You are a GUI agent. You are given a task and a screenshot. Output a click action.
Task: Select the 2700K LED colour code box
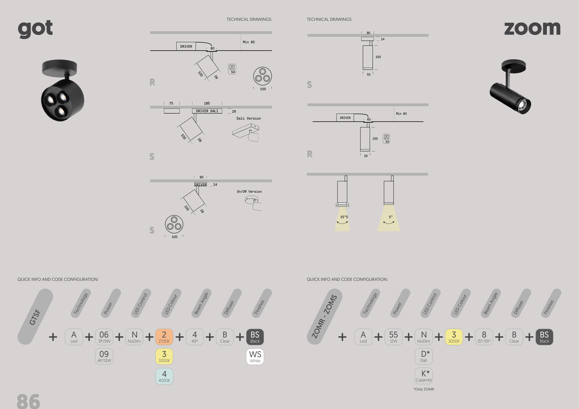(164, 337)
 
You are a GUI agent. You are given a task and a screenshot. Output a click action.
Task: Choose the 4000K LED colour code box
(164, 376)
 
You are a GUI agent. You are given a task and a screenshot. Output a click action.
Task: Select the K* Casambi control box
(424, 376)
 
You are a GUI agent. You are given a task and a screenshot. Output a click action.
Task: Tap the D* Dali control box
(424, 356)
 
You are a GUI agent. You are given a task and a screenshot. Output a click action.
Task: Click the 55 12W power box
(393, 337)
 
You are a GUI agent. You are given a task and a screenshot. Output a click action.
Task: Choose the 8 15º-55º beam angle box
(484, 337)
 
